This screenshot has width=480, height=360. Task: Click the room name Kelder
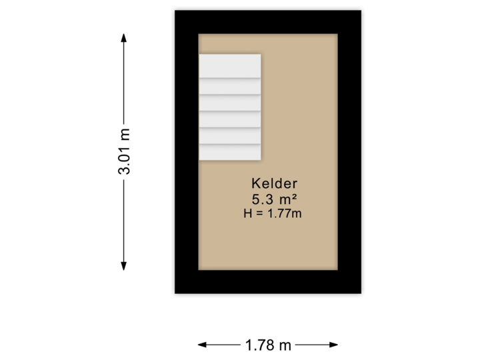click(274, 183)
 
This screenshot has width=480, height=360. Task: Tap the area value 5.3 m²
click(274, 199)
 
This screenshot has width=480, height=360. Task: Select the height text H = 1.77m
click(274, 213)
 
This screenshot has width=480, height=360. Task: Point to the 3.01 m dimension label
click(124, 151)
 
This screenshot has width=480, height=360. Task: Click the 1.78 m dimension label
click(268, 345)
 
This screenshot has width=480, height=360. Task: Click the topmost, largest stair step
click(229, 65)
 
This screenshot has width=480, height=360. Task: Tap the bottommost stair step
click(229, 152)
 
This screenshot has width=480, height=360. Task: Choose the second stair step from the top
click(229, 87)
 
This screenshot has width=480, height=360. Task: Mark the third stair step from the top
click(229, 103)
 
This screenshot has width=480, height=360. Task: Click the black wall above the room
click(267, 20)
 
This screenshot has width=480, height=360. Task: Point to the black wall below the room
click(267, 283)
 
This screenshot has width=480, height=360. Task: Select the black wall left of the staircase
click(185, 107)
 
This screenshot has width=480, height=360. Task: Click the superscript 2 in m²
click(293, 196)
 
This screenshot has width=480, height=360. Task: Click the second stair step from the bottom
click(229, 135)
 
